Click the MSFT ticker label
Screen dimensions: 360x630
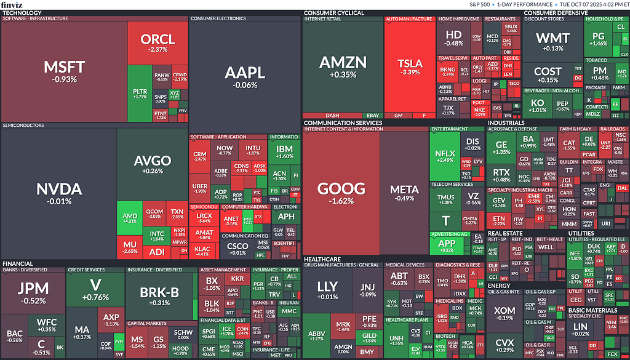[x=64, y=66]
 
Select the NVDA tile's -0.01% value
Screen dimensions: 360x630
[x=58, y=201]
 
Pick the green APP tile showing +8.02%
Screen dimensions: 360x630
[x=447, y=244]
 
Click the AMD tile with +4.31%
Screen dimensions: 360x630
[x=130, y=219]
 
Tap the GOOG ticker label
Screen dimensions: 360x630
[x=341, y=189]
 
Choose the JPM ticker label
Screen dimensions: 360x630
[x=32, y=289]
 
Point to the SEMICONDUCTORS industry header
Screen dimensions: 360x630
[x=23, y=125]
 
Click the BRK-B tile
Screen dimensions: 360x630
[x=159, y=293]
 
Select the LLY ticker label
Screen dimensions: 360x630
[x=327, y=287]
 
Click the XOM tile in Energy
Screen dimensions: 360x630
[x=504, y=311]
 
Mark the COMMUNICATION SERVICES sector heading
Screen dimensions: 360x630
[x=343, y=122]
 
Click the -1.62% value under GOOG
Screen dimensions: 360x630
[x=341, y=201]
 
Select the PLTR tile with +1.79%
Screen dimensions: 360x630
[x=140, y=94]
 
